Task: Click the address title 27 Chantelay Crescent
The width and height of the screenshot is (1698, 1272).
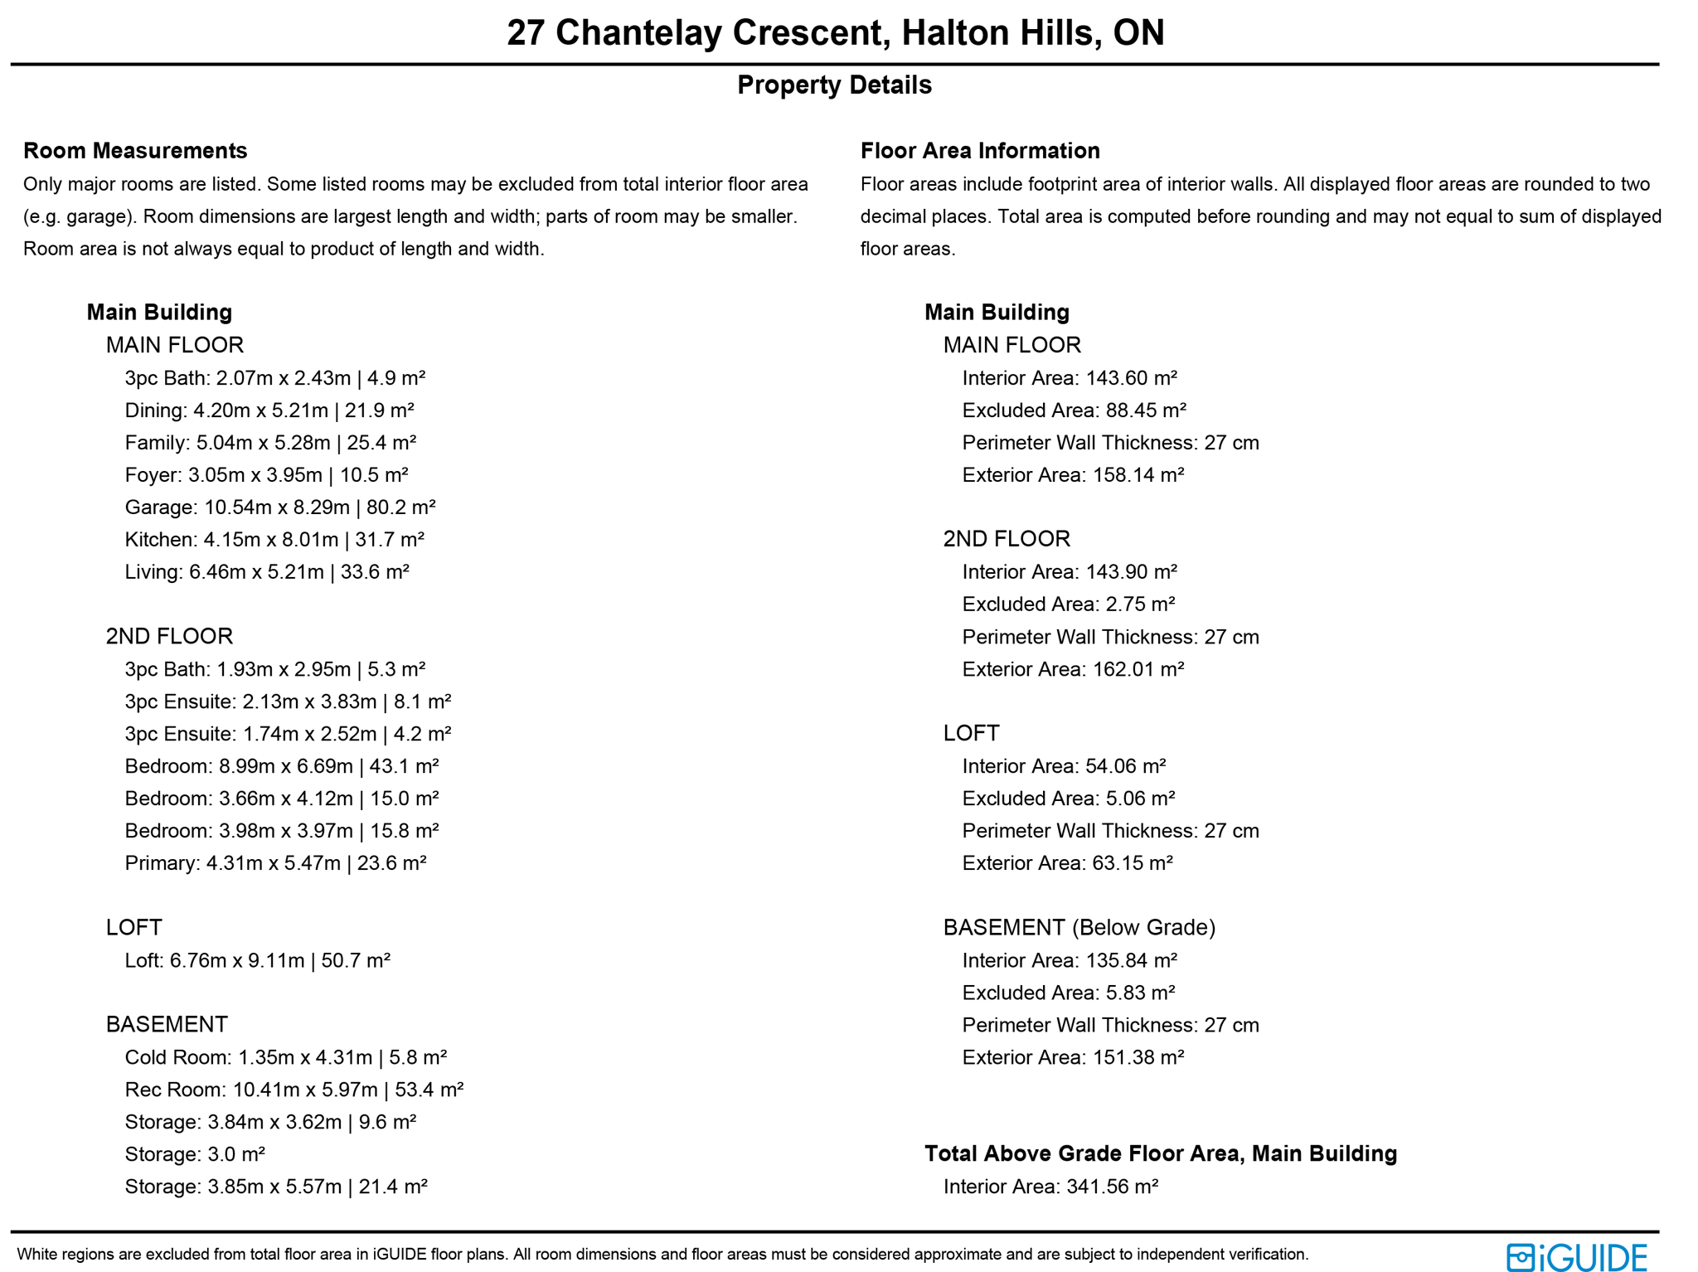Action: [x=835, y=33]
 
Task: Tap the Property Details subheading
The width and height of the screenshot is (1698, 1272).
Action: [x=834, y=85]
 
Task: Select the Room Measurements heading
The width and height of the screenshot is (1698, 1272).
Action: [x=135, y=151]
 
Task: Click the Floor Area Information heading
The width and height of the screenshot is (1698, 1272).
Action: [x=980, y=151]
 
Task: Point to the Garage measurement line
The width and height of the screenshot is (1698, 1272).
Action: [x=280, y=507]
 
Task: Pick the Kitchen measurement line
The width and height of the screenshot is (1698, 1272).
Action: [x=274, y=540]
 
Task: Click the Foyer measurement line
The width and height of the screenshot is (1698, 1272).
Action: [x=266, y=475]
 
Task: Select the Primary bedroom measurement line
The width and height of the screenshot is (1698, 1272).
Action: [x=275, y=863]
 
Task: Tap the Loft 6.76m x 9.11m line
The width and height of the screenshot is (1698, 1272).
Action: [x=257, y=960]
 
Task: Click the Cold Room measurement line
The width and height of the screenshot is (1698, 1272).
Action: [x=285, y=1057]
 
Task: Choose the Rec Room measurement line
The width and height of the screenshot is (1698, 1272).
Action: [x=294, y=1090]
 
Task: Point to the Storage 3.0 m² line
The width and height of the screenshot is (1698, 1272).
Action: [x=195, y=1154]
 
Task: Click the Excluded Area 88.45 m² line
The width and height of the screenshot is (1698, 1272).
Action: [x=1074, y=410]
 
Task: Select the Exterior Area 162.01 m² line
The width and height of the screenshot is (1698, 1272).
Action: [x=1073, y=669]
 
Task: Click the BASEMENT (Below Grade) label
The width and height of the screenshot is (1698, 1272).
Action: [x=1079, y=927]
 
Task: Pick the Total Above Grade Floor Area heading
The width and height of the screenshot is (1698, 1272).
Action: [x=1160, y=1153]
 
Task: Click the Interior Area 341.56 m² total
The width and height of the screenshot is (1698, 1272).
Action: [x=1050, y=1187]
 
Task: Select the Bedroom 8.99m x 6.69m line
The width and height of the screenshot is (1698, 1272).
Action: [x=282, y=766]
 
